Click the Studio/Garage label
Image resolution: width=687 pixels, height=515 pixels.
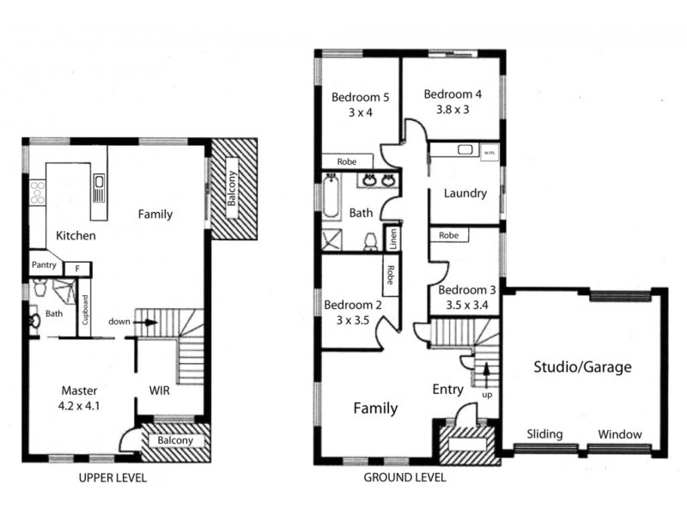point(582,367)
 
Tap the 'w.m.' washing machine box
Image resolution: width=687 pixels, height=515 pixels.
point(490,152)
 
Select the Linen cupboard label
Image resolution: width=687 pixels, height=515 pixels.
point(393,238)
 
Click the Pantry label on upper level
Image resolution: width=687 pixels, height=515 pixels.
point(43,266)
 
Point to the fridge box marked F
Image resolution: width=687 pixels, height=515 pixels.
point(77,268)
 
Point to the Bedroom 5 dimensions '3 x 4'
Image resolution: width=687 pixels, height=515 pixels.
point(354,112)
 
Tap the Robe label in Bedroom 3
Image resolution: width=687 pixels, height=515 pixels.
point(447,235)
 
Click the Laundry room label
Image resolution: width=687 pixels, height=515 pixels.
point(465,193)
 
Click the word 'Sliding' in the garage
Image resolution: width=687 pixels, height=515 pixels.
point(544,434)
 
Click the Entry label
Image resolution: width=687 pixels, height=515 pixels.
point(447,390)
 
